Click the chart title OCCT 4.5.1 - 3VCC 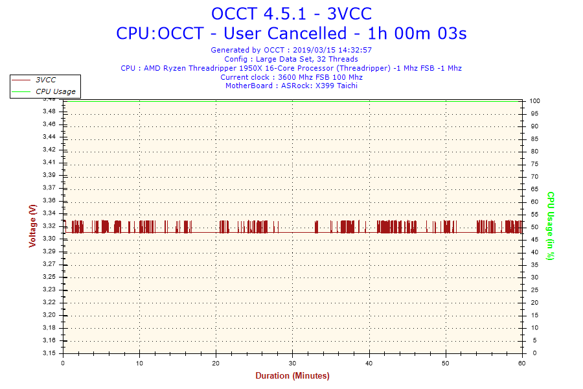coord(291,14)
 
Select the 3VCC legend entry coord(45,80)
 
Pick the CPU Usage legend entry coord(55,91)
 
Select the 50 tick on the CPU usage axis coord(534,227)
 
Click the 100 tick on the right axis coord(536,101)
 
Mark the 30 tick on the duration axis coord(293,363)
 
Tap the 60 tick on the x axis coord(522,363)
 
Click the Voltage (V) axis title coord(32,226)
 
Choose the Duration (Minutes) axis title coord(292,376)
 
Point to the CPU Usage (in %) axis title coord(551,226)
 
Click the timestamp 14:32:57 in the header coord(352,50)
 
